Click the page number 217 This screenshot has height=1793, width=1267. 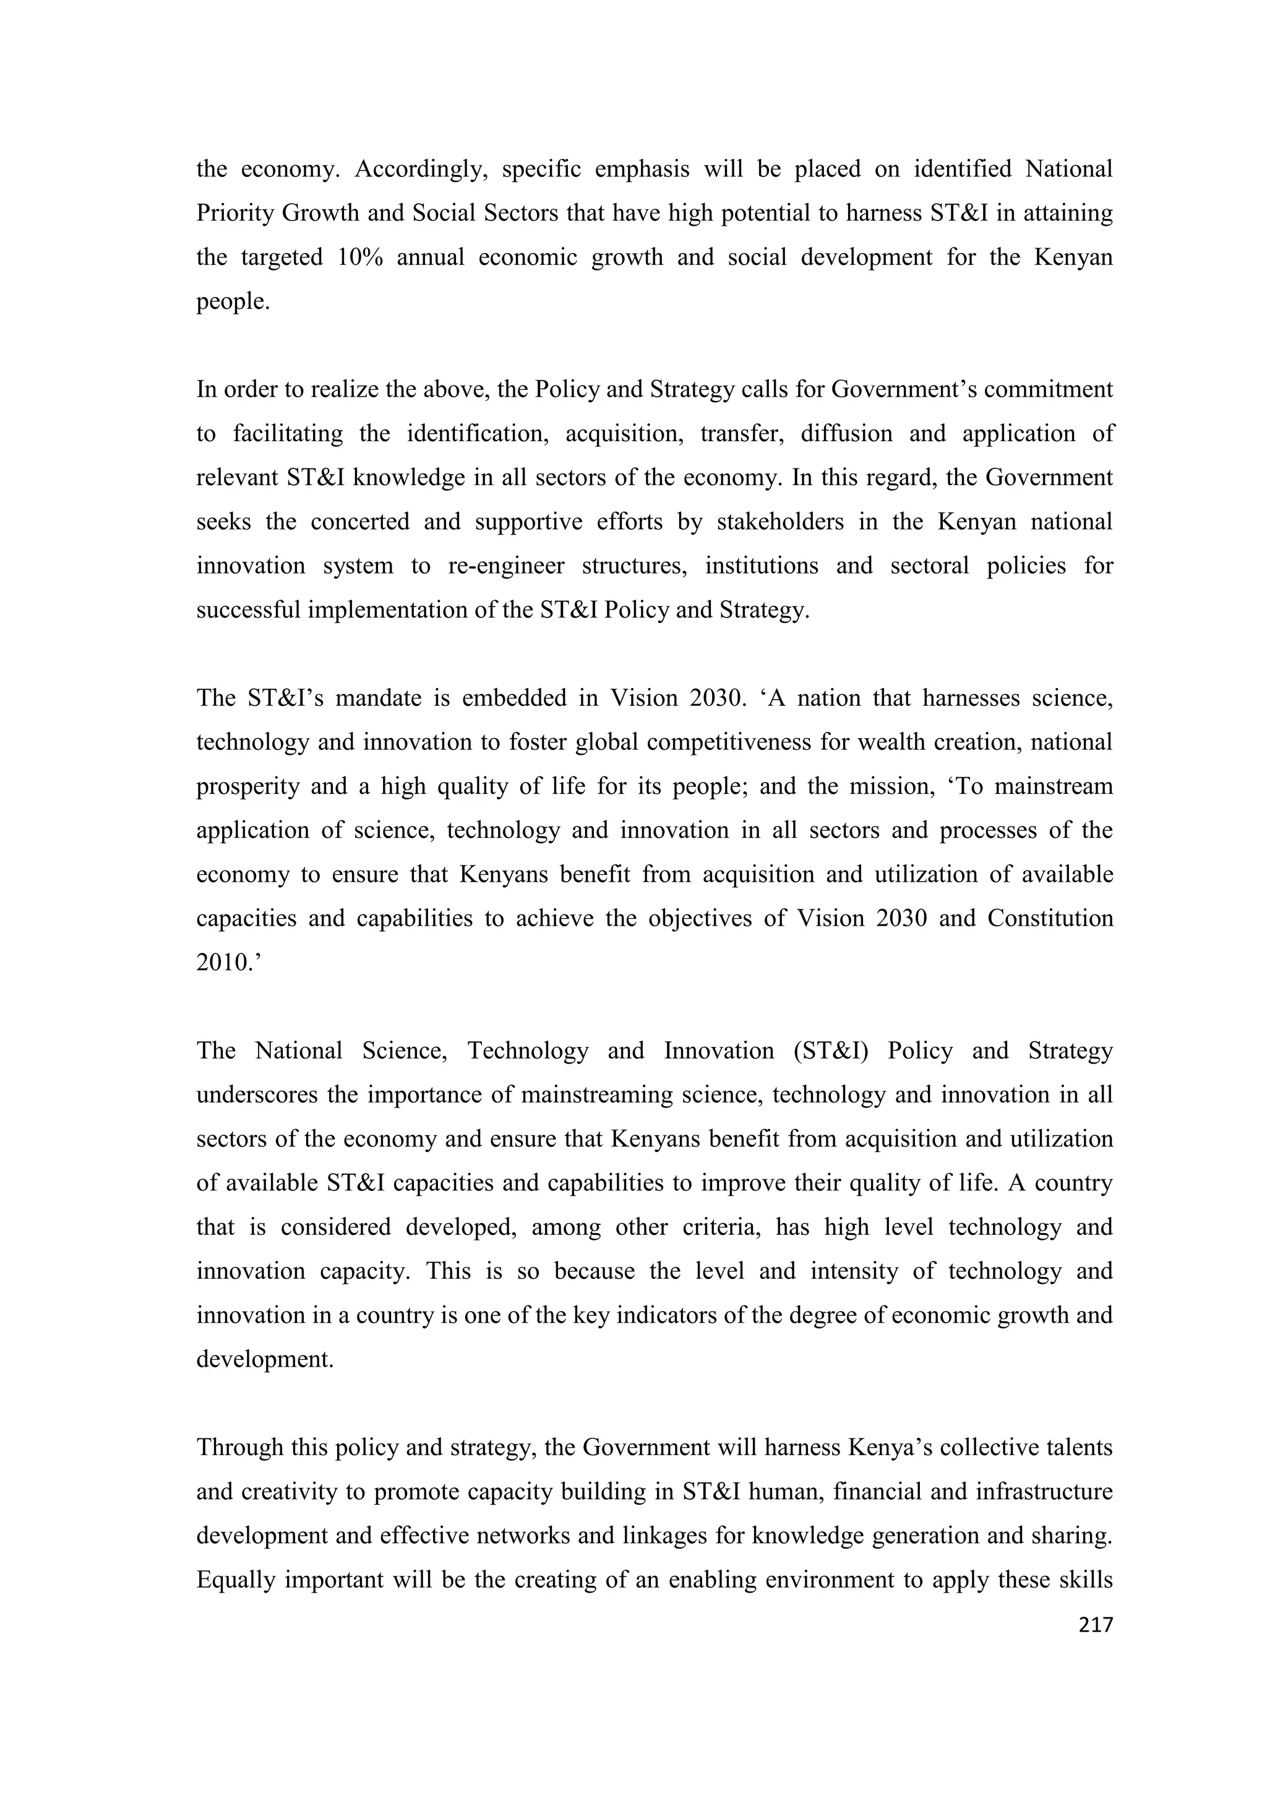pyautogui.click(x=1095, y=1625)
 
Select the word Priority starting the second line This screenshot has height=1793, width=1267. pyautogui.click(x=232, y=213)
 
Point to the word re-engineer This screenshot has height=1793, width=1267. pyautogui.click(x=506, y=565)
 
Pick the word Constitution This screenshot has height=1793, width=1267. pyautogui.click(x=1050, y=918)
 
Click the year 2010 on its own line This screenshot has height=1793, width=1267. pyautogui.click(x=226, y=962)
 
